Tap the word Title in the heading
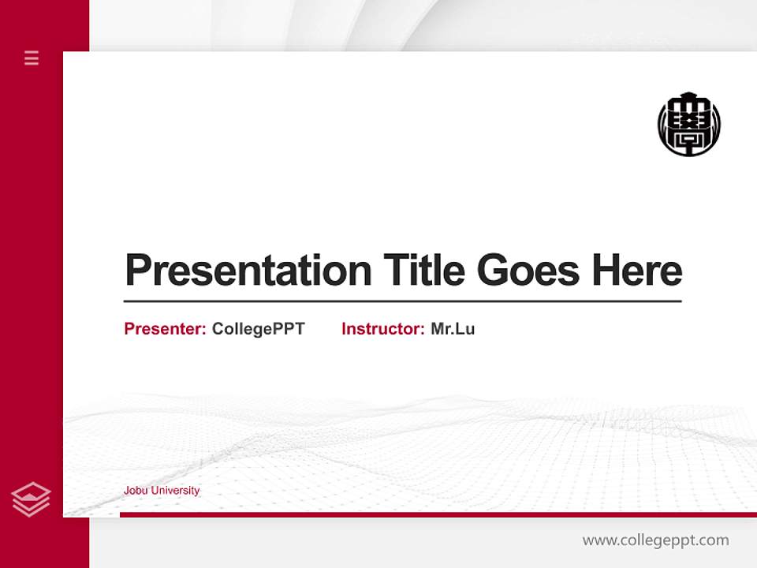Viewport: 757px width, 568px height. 424,271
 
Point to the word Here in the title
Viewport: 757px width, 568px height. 637,271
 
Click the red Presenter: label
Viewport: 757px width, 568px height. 166,329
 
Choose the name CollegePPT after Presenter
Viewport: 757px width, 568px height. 259,329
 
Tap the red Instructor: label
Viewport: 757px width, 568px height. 383,329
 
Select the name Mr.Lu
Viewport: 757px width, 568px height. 453,329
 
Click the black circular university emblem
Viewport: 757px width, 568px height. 689,125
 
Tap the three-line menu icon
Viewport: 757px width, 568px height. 32,58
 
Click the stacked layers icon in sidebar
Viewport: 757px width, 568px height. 31,499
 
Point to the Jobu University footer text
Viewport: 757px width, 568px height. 162,491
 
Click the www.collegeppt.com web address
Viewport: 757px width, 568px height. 655,540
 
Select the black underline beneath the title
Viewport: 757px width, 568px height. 402,301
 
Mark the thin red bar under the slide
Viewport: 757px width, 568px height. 438,514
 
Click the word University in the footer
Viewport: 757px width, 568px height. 175,491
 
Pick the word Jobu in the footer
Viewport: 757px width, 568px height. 136,491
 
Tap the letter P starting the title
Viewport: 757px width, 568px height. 138,271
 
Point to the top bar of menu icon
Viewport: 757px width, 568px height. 32,52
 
